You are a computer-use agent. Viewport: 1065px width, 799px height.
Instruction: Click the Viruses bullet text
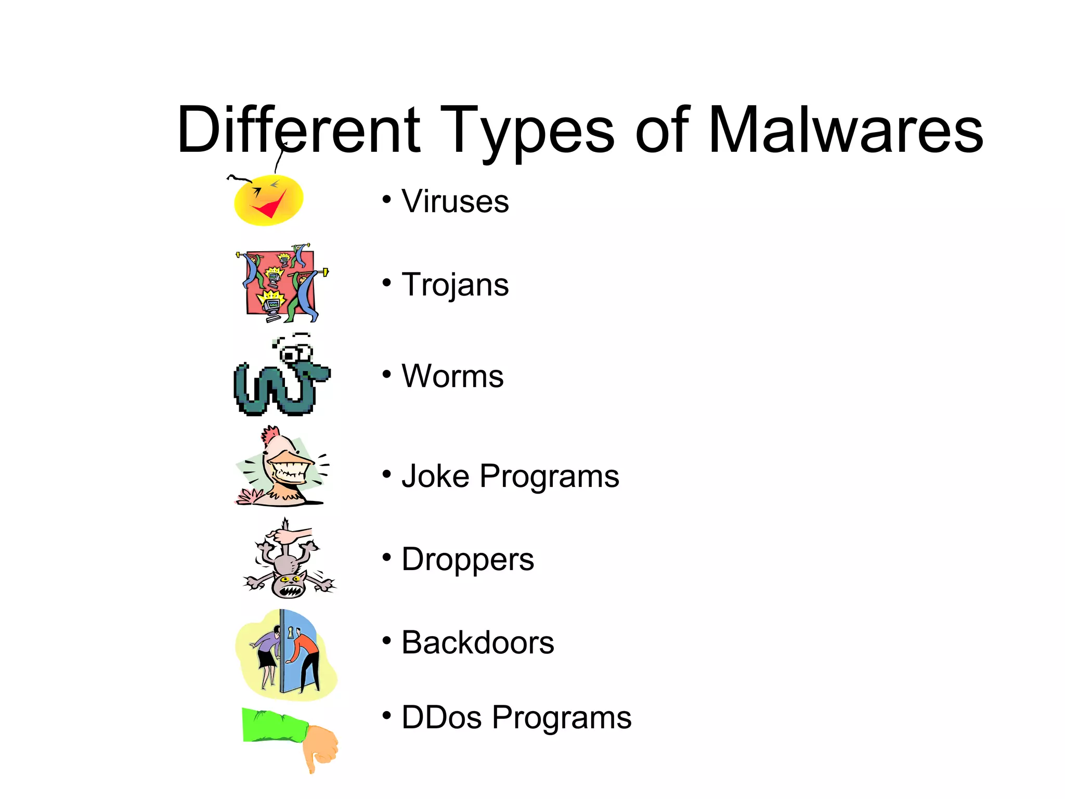point(455,201)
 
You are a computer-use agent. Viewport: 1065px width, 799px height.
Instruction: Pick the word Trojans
point(455,285)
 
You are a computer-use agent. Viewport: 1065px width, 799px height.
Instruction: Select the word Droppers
point(467,560)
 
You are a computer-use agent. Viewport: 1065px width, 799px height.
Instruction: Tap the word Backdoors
point(477,643)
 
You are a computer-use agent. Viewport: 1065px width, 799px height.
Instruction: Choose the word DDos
point(441,718)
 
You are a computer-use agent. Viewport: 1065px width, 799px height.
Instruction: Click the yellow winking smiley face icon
point(268,200)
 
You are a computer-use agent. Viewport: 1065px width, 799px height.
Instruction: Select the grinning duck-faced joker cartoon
point(283,468)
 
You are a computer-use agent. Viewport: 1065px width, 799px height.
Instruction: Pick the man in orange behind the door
point(307,658)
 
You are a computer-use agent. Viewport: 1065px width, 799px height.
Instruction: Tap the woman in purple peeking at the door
point(267,655)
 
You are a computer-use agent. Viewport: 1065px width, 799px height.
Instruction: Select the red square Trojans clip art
point(281,283)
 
